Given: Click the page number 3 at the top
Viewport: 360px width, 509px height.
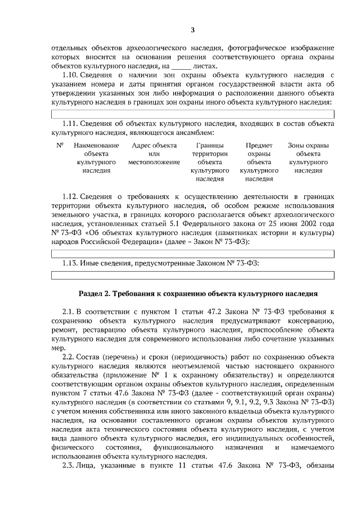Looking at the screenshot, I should pos(193,30).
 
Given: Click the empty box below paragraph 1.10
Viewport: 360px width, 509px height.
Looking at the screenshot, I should pos(192,114).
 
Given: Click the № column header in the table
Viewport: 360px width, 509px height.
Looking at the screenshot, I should pos(60,145).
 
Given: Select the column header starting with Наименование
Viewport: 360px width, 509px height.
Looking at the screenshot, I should pos(96,157).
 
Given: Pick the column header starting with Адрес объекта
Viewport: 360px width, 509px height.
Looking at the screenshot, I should pos(150,154).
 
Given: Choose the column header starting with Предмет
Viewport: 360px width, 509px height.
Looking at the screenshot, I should pos(259,161).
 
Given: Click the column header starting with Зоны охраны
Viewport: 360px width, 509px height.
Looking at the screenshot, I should pos(308,157).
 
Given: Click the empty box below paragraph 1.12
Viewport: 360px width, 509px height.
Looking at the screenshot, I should pos(192,254).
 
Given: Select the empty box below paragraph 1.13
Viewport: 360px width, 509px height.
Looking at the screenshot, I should pos(192,274).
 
